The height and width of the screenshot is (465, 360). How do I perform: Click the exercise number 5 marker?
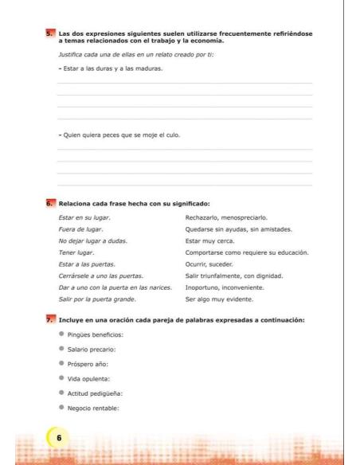[x=49, y=33]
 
